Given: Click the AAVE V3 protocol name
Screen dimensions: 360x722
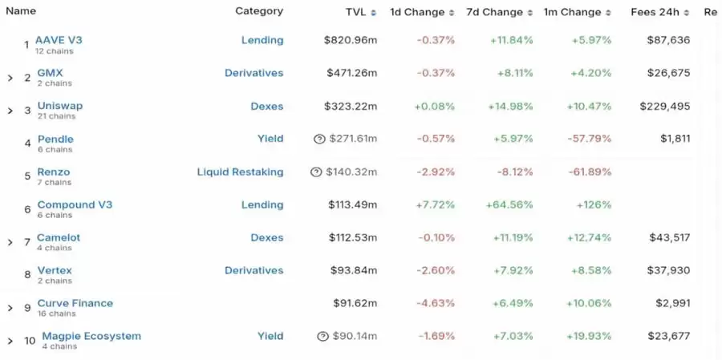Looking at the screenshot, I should (x=58, y=39).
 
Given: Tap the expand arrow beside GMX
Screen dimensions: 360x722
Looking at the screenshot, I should (x=10, y=78).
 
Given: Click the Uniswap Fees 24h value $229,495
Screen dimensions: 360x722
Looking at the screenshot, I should (x=664, y=106).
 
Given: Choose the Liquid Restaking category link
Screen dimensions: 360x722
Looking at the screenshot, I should (x=240, y=172).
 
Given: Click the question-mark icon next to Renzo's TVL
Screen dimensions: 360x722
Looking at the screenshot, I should (x=316, y=172).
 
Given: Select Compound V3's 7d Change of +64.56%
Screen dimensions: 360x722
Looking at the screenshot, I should (x=509, y=204).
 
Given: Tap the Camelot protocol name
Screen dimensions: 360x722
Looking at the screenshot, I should (x=59, y=237).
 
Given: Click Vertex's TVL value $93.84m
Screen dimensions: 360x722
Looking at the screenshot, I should (x=353, y=270).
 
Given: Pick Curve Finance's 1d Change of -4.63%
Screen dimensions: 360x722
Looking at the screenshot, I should (x=436, y=303).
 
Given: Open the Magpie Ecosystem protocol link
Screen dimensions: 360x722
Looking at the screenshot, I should (x=91, y=336).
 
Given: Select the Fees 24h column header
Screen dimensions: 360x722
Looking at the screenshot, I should (x=655, y=12).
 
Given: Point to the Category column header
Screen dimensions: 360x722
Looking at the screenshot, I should (x=258, y=11).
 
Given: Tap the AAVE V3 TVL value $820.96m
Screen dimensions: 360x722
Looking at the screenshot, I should (x=351, y=40).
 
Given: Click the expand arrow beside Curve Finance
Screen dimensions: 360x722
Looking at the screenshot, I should (x=10, y=308).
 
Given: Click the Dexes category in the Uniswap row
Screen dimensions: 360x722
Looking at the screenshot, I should (x=267, y=106).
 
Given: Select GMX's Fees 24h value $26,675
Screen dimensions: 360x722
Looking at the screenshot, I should (x=668, y=73).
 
